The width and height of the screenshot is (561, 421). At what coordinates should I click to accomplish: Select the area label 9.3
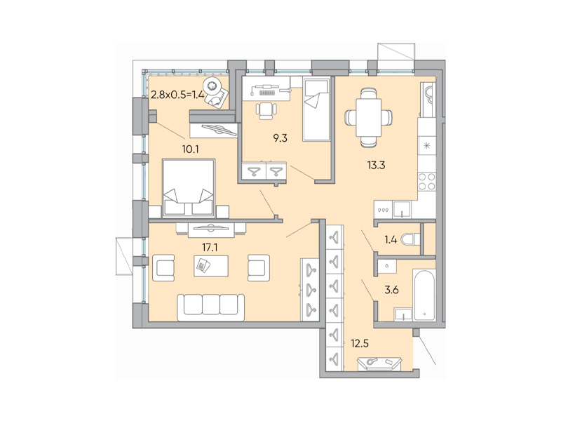click(x=280, y=138)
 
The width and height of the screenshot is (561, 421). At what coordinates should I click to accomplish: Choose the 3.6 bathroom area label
click(x=389, y=287)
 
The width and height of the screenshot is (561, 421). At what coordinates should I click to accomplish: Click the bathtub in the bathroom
click(x=425, y=294)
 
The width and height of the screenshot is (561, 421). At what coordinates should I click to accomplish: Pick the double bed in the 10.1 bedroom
click(x=188, y=187)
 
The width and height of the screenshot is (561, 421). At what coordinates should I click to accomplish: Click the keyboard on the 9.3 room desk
click(x=267, y=91)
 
